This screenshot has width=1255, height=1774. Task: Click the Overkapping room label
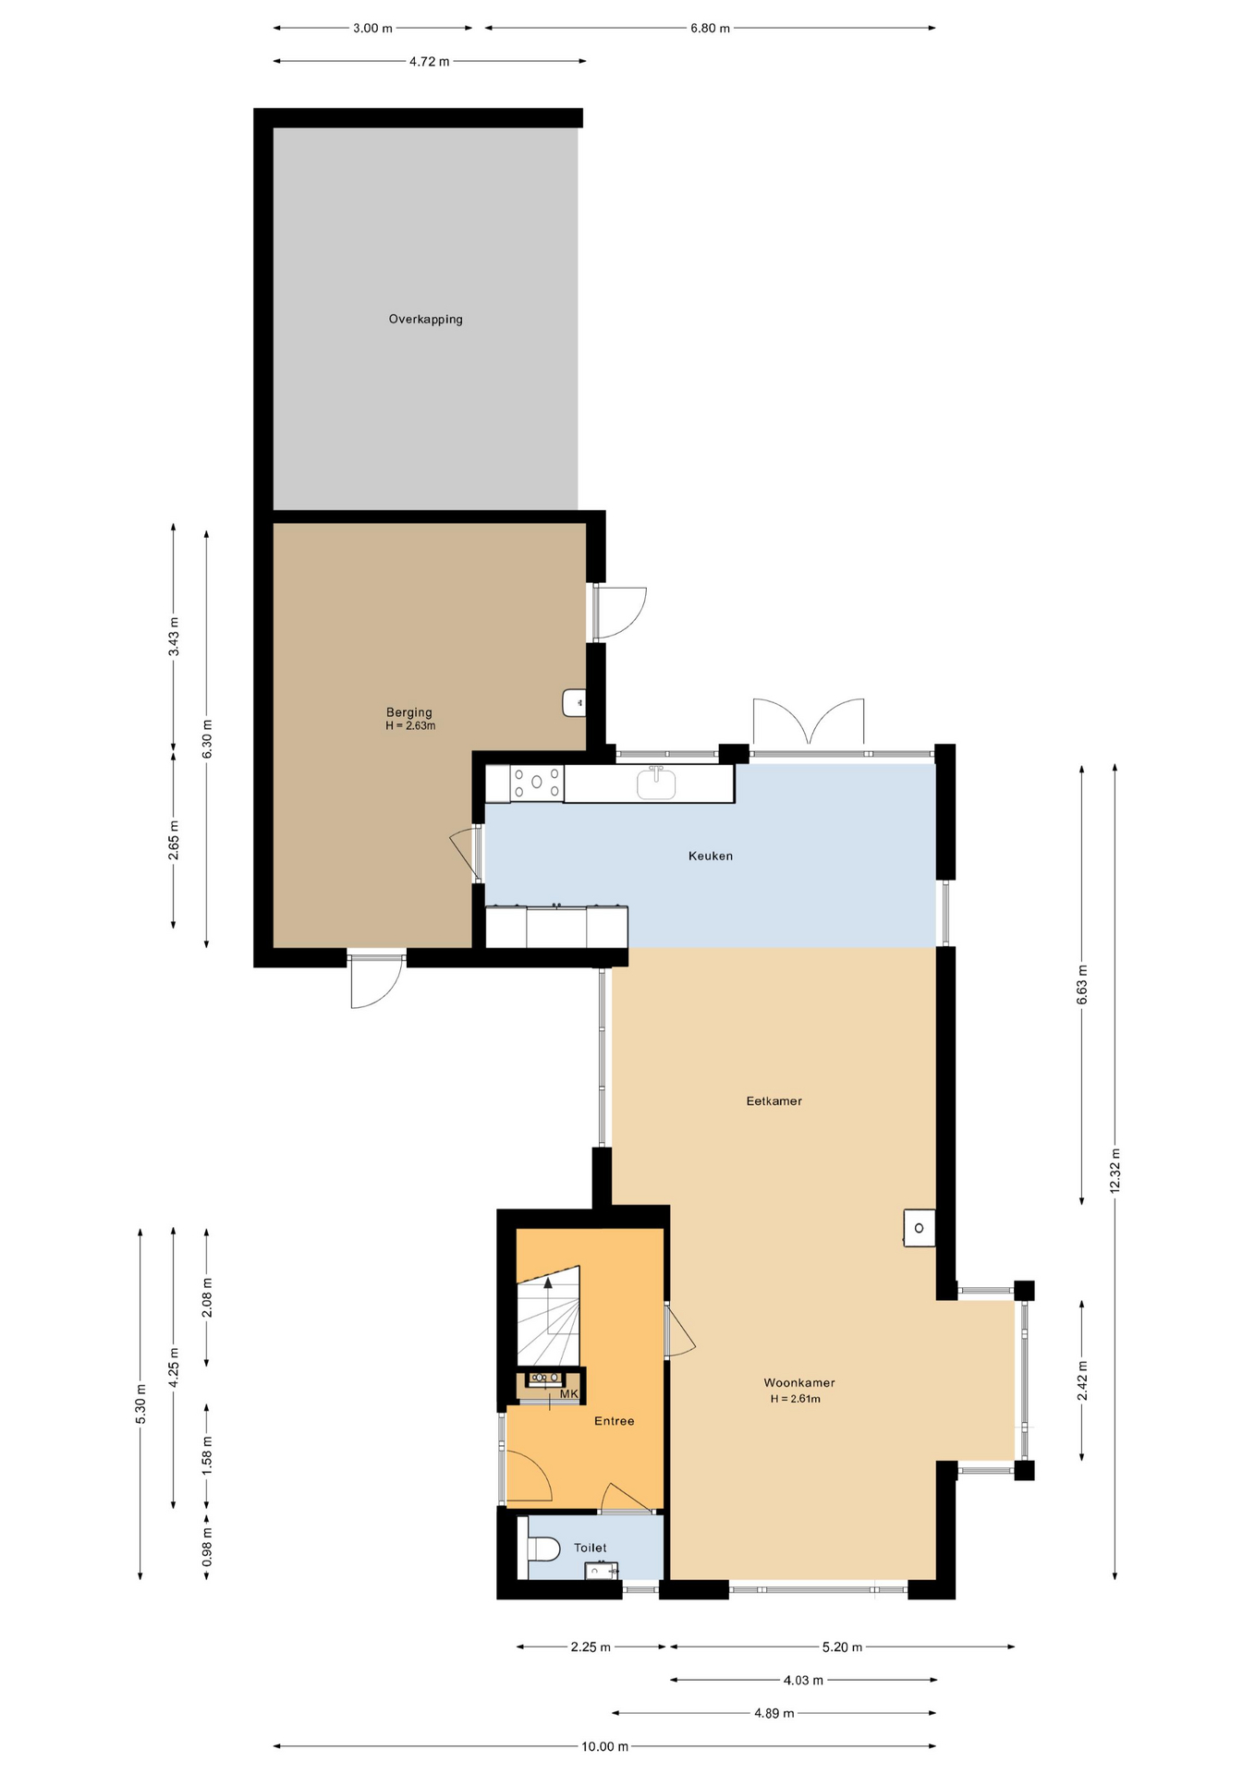[x=425, y=320]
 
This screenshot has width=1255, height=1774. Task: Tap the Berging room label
[x=408, y=712]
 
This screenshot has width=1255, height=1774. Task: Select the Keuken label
[x=711, y=857]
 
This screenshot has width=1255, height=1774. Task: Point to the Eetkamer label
[x=774, y=1101]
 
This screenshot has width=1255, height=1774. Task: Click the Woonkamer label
[x=799, y=1383]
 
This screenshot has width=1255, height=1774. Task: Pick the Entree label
[x=615, y=1421]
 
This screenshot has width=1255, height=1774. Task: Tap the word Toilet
[x=591, y=1548]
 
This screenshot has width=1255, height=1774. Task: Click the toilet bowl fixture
[x=543, y=1549]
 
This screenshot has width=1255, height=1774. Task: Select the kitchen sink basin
[x=656, y=784]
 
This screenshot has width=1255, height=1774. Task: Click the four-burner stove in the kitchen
[x=537, y=783]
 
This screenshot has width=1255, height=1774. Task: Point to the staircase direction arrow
[x=548, y=1306]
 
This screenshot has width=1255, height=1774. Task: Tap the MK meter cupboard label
[x=568, y=1394]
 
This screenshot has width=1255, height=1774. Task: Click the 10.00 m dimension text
[x=604, y=1746]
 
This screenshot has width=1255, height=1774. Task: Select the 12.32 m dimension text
[x=1115, y=1171]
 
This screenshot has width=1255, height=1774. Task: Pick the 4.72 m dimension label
[x=430, y=62]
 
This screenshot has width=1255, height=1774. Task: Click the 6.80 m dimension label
[x=710, y=29]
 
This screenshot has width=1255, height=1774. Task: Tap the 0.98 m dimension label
[x=207, y=1546]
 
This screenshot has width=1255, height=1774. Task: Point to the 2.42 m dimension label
[x=1082, y=1380]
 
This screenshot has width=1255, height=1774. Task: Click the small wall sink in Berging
[x=574, y=703]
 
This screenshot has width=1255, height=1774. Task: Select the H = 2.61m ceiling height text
[x=796, y=1399]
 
